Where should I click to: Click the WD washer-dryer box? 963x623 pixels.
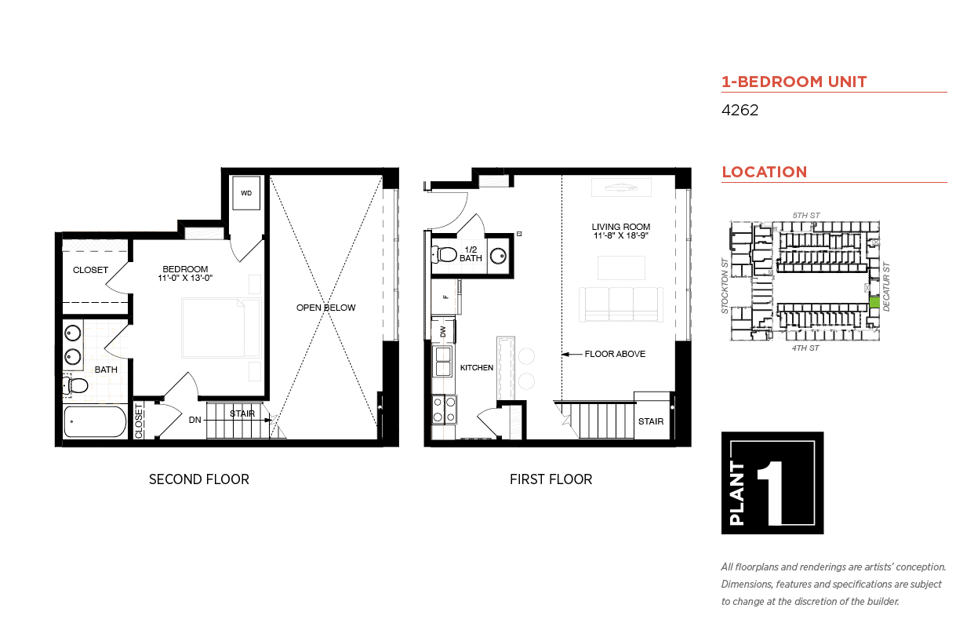click(x=246, y=193)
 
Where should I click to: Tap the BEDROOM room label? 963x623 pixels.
click(x=185, y=269)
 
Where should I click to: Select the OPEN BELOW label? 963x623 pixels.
click(x=326, y=308)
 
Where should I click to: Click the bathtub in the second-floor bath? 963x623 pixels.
click(x=95, y=421)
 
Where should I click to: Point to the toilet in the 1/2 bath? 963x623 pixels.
click(x=444, y=254)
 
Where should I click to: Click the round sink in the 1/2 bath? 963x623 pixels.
click(x=498, y=256)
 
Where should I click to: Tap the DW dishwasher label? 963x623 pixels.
click(x=443, y=331)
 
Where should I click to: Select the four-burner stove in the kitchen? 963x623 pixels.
click(x=444, y=410)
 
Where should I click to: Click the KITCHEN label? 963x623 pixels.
click(x=476, y=367)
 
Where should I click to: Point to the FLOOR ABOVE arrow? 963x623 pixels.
click(x=572, y=354)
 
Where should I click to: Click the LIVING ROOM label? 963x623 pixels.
click(x=621, y=226)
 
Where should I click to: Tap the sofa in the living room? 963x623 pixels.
click(x=621, y=304)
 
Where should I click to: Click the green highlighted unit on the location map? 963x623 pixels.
click(x=874, y=302)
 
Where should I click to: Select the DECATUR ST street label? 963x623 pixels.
click(x=886, y=286)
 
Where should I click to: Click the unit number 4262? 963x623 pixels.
click(x=740, y=110)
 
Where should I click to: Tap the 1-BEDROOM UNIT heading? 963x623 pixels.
click(x=794, y=82)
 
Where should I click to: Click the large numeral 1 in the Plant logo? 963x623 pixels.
click(x=772, y=493)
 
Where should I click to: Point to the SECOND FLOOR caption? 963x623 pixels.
click(x=199, y=479)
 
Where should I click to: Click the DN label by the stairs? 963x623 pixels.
click(x=194, y=420)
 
